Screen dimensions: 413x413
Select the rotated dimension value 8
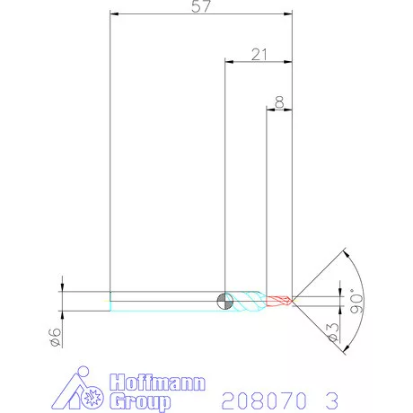pos(281,103)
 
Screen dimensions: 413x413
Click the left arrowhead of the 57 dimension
pos(112,14)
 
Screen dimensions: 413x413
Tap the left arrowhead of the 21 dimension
pos(228,62)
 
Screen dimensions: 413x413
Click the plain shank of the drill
pos(166,301)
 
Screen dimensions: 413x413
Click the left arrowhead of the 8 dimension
pos(271,110)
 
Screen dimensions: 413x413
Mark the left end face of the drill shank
pos(110,301)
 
